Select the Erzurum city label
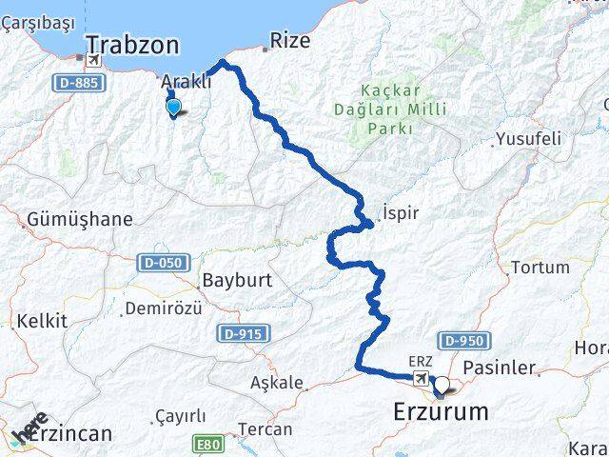pyautogui.click(x=441, y=412)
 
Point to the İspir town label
pyautogui.click(x=400, y=212)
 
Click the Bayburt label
pyautogui.click(x=237, y=281)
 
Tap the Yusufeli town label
pyautogui.click(x=527, y=139)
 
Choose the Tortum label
pyautogui.click(x=540, y=268)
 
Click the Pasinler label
pyautogui.click(x=500, y=368)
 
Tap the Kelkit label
pyautogui.click(x=41, y=321)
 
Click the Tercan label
pyautogui.click(x=265, y=429)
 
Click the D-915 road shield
pyautogui.click(x=243, y=333)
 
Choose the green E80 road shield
pyautogui.click(x=208, y=444)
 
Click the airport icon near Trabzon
pyautogui.click(x=93, y=60)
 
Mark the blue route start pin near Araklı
pyautogui.click(x=172, y=108)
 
